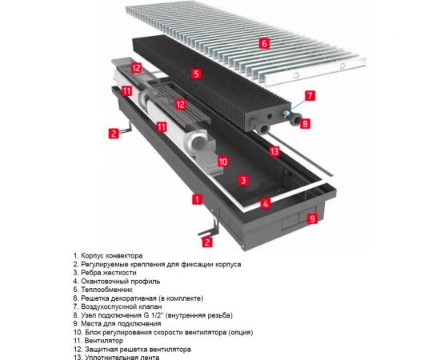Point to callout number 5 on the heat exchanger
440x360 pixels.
pyautogui.click(x=196, y=73)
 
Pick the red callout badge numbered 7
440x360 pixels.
pyautogui.click(x=310, y=95)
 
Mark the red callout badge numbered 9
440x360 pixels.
pyautogui.click(x=312, y=217)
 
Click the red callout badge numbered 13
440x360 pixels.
pyautogui.click(x=274, y=151)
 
